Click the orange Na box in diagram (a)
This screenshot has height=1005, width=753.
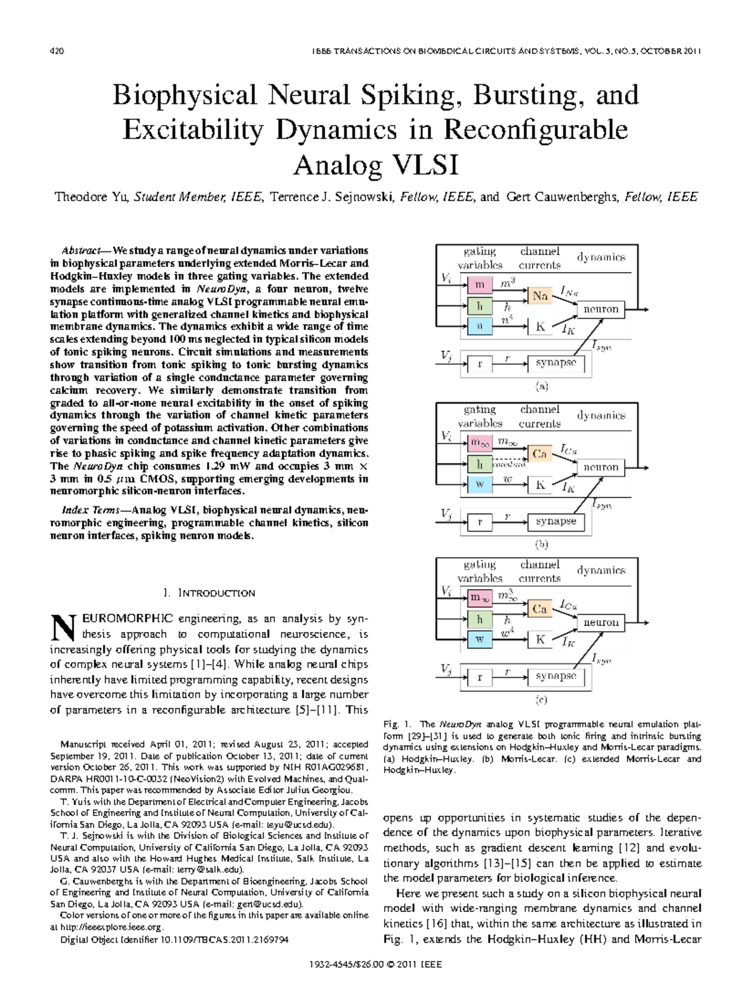click(x=540, y=296)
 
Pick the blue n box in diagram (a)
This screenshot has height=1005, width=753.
click(x=480, y=326)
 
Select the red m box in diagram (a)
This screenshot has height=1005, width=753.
click(x=480, y=285)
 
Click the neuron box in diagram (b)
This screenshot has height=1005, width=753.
click(x=601, y=467)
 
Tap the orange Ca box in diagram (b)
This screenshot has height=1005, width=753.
click(x=540, y=454)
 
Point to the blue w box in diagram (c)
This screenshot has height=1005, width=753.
click(x=480, y=639)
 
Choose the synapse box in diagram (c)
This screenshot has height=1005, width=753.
click(x=556, y=676)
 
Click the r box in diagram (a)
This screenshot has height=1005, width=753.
click(x=480, y=364)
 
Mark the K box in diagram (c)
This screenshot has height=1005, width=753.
click(x=540, y=639)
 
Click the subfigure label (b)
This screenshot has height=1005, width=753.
click(x=541, y=545)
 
